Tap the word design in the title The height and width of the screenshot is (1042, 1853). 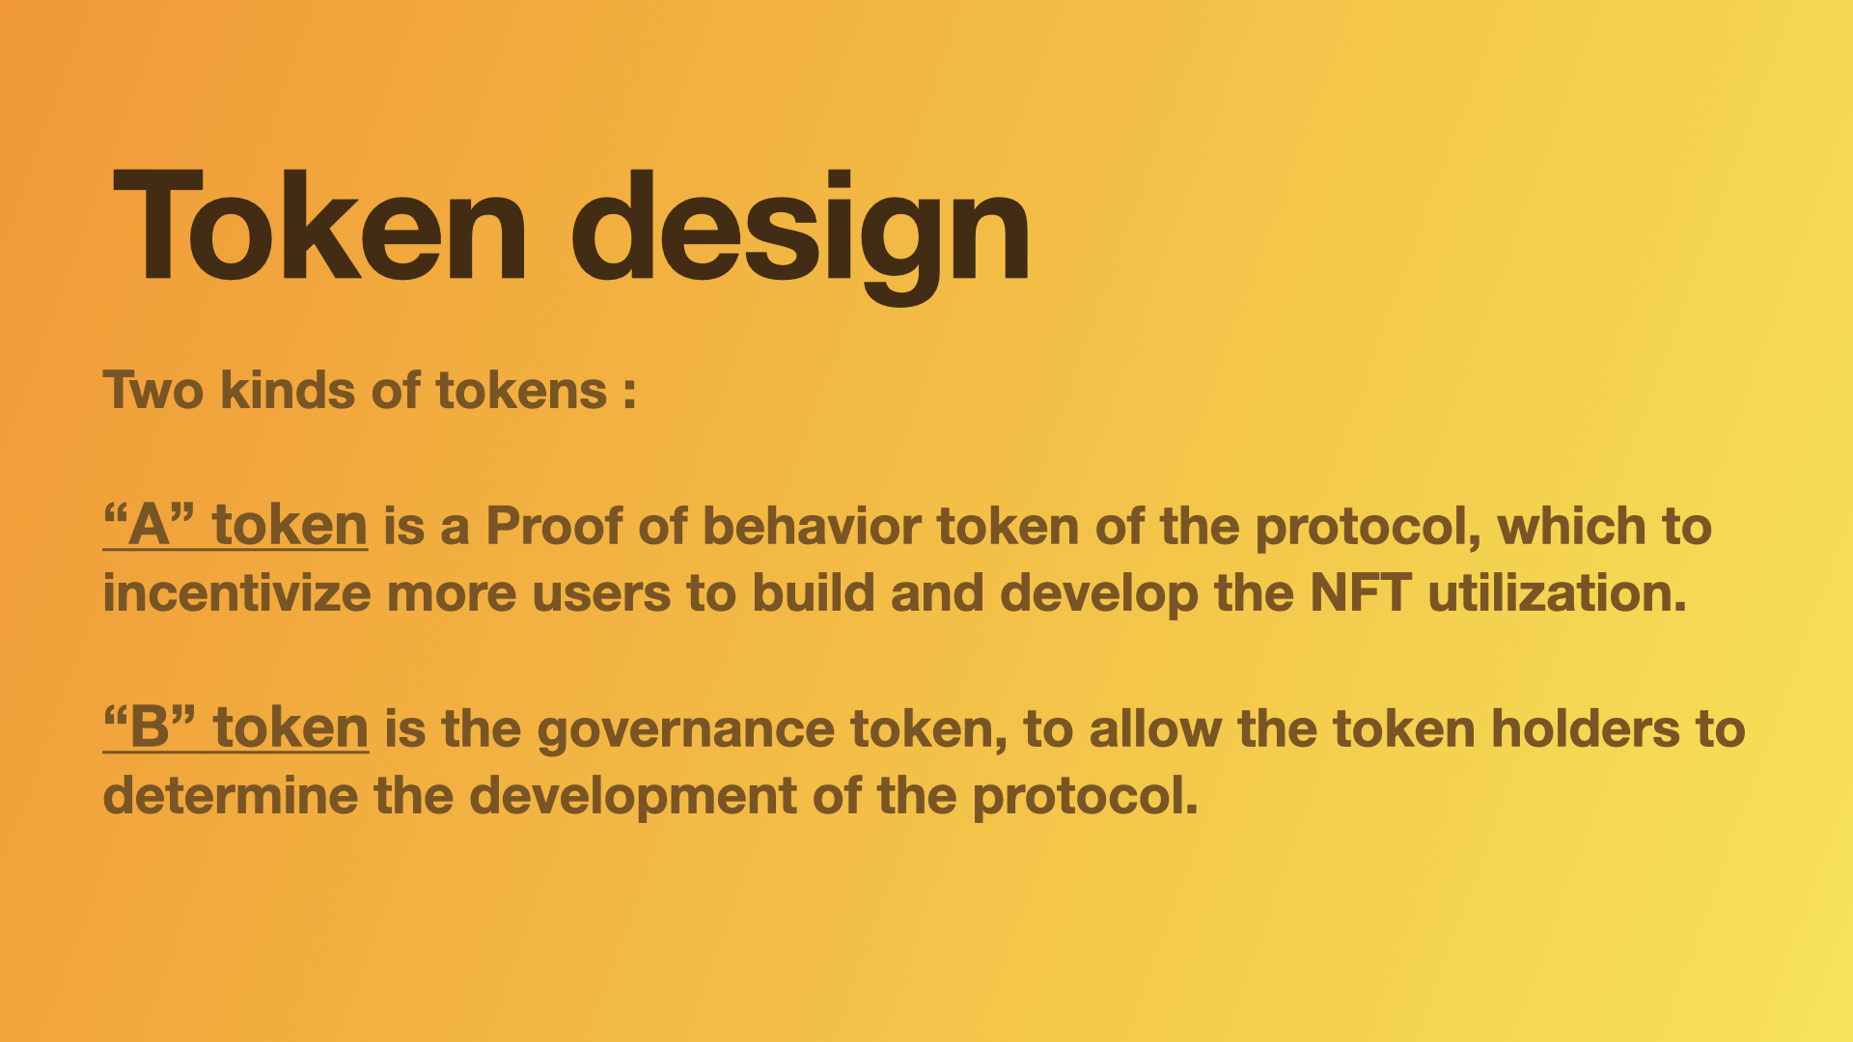(801, 235)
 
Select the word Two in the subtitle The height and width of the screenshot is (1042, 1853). (153, 391)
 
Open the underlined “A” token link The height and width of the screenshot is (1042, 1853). (235, 526)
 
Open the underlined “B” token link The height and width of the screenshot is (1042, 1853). (235, 727)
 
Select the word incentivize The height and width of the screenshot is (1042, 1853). (236, 592)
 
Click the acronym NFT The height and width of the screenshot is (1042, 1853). (1361, 592)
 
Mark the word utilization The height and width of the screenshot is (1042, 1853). (1557, 592)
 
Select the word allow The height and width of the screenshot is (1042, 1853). (1155, 727)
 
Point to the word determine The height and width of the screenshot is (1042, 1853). (230, 795)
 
